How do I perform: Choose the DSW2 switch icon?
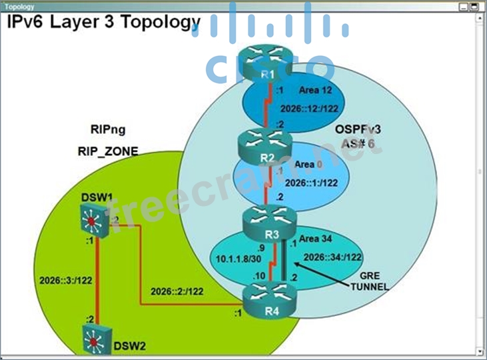[x=93, y=337]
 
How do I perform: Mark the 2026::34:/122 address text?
[x=332, y=257]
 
